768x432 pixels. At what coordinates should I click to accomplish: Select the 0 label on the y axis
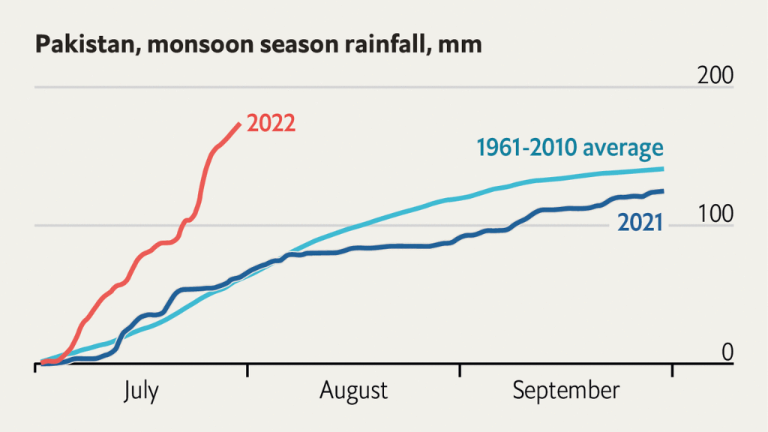pyautogui.click(x=727, y=350)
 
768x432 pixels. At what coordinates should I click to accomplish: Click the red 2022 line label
pyautogui.click(x=271, y=123)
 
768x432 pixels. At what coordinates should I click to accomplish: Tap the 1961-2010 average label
pyautogui.click(x=568, y=147)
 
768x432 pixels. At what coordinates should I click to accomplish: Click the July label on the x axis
pyautogui.click(x=141, y=391)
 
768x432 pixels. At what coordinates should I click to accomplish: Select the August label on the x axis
pyautogui.click(x=353, y=391)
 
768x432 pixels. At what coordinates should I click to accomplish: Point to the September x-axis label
pyautogui.click(x=566, y=391)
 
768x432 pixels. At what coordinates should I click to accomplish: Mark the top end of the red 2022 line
pyautogui.click(x=239, y=124)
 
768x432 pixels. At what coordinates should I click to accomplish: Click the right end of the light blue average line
pyautogui.click(x=662, y=169)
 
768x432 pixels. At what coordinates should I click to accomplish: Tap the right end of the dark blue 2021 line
pyautogui.click(x=662, y=191)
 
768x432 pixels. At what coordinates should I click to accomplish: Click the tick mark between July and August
pyautogui.click(x=247, y=370)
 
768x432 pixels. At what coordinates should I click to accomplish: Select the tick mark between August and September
pyautogui.click(x=460, y=370)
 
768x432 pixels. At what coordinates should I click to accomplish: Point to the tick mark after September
pyautogui.click(x=672, y=370)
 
